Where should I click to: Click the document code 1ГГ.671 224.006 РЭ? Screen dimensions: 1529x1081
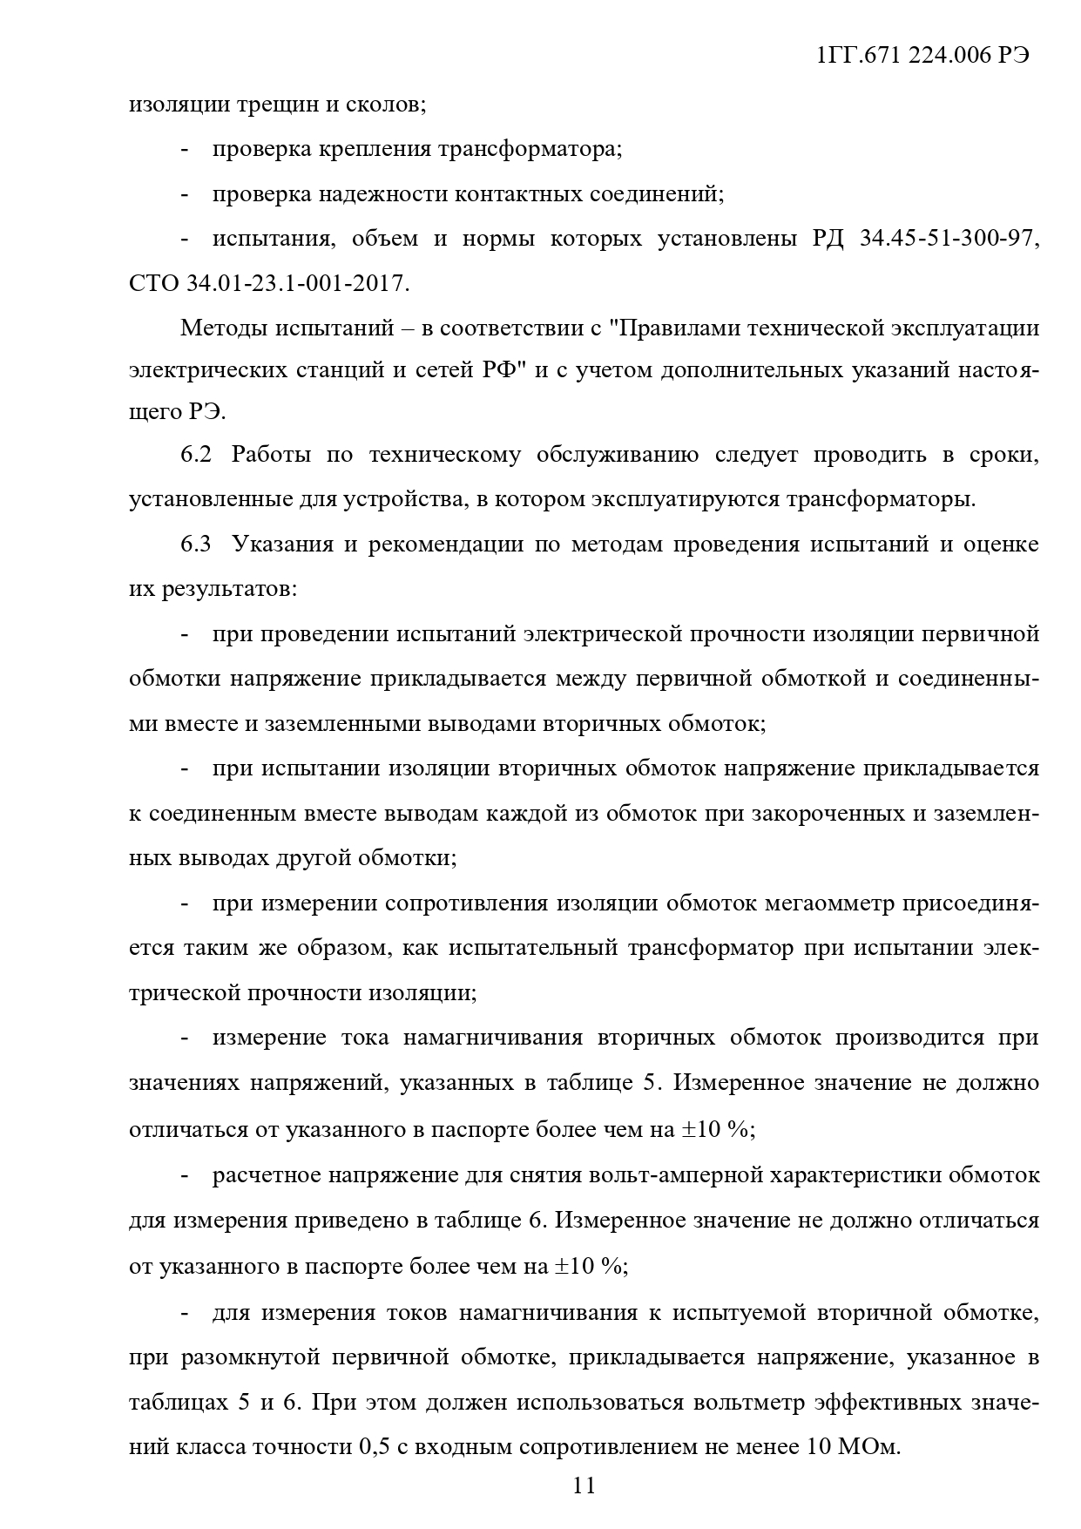(x=923, y=56)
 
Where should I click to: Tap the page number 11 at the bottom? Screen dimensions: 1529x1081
(x=584, y=1485)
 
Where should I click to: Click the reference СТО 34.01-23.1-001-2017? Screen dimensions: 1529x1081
(x=268, y=283)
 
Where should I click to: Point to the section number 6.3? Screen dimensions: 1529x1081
(x=197, y=545)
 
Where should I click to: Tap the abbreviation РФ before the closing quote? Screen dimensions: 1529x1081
(x=500, y=371)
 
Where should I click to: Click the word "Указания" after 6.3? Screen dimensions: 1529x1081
(x=282, y=545)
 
